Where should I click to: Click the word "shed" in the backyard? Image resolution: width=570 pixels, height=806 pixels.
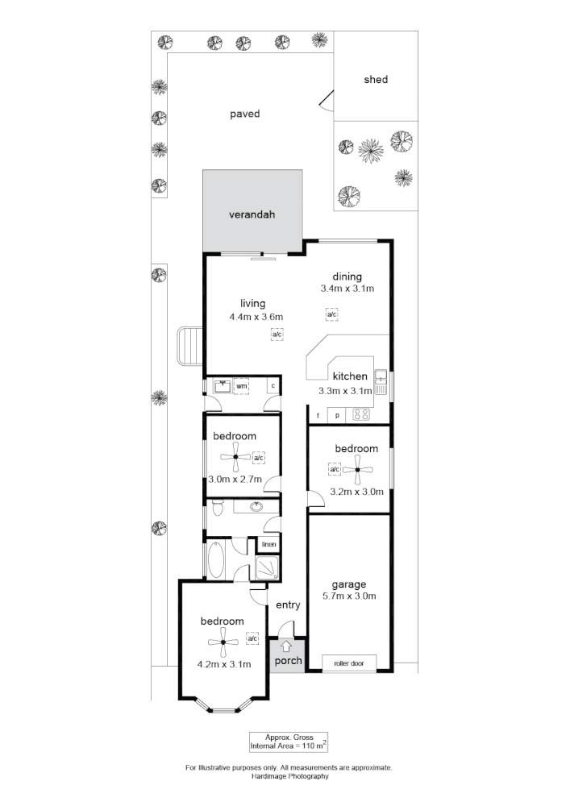pos(376,80)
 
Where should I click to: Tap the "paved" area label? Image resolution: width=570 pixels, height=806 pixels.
pos(245,114)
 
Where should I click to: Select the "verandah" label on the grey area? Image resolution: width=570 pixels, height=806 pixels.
pos(252,215)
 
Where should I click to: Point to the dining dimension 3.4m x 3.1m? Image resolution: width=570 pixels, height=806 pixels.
pos(347,289)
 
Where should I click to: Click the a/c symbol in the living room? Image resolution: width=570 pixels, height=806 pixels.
pos(277,334)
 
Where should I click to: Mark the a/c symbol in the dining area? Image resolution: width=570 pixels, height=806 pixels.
pos(331,314)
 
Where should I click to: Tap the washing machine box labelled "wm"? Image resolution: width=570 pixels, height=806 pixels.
pos(241,387)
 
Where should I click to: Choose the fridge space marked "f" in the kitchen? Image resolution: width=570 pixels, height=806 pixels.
pos(318,416)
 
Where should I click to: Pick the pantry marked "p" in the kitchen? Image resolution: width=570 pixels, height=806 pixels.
pos(337,416)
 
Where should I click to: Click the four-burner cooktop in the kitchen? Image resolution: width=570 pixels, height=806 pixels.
pos(361,416)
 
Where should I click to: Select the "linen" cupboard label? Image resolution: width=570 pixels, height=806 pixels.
pos(268,545)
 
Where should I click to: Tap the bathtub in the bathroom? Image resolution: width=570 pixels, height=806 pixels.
pos(218,561)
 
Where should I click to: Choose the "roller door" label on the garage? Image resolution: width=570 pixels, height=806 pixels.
pos(348,664)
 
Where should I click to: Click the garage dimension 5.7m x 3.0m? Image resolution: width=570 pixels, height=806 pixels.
pos(349,596)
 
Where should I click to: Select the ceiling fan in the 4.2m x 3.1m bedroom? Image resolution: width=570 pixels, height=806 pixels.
pos(222,642)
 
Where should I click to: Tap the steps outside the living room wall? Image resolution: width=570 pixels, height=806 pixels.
pos(190,346)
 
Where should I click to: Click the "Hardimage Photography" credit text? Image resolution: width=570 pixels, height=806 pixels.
pos(289,776)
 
